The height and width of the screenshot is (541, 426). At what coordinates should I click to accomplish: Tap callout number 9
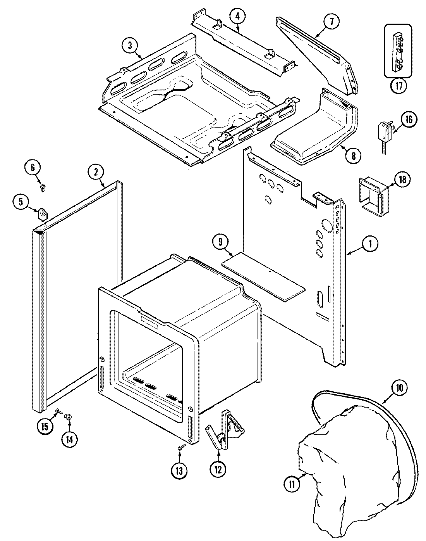[x=220, y=242]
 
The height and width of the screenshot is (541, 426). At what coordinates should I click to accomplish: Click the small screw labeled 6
[x=42, y=188]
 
